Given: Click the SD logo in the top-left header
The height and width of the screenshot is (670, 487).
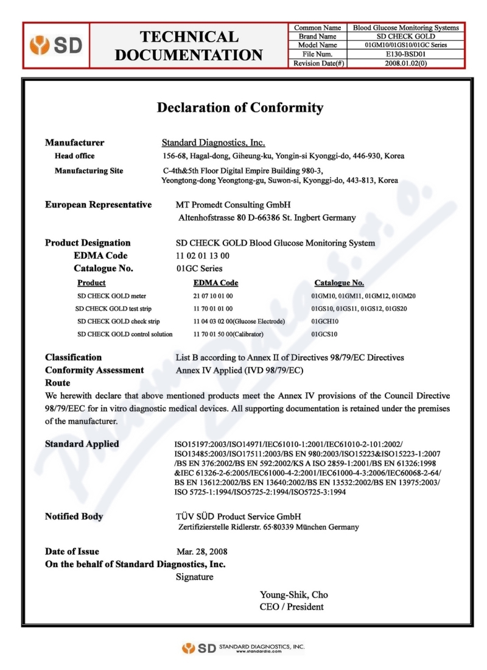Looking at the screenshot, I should click(x=56, y=46).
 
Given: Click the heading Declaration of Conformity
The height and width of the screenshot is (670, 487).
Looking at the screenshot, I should click(x=240, y=108).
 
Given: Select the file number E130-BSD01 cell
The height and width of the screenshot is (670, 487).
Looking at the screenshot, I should click(x=406, y=54).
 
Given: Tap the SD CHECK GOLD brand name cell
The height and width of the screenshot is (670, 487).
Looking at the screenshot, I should click(x=406, y=37).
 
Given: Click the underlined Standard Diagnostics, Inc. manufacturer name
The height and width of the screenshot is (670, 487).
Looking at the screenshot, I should click(x=213, y=143).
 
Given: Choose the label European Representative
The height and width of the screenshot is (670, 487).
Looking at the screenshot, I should click(x=98, y=205).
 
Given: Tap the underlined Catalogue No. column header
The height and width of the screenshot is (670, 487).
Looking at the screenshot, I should click(x=339, y=283).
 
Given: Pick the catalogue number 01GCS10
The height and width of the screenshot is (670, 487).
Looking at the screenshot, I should click(x=324, y=334).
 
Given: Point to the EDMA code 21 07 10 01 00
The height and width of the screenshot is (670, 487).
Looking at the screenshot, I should click(x=212, y=296).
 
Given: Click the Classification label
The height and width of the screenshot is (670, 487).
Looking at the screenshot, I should click(x=73, y=358).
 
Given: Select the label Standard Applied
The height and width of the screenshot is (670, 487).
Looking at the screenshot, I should click(x=82, y=444).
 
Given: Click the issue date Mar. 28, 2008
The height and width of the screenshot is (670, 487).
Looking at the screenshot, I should click(x=201, y=552).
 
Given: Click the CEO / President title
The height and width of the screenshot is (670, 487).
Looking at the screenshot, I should click(x=292, y=607).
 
